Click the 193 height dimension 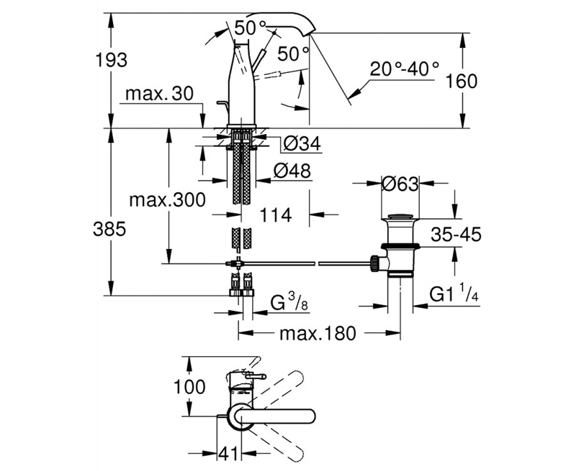[x=111, y=60]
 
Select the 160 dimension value [x=461, y=81]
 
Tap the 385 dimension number [x=109, y=229]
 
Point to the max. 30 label [x=159, y=94]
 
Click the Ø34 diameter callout [x=302, y=144]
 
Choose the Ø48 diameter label [x=292, y=171]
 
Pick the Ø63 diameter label [x=400, y=184]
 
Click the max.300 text [x=167, y=200]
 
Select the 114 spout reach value [x=275, y=215]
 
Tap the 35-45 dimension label [x=456, y=235]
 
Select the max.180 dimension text [x=318, y=333]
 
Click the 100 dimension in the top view [x=190, y=387]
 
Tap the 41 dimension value [x=228, y=453]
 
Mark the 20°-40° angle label [x=404, y=69]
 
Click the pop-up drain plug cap [x=400, y=217]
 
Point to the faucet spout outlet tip [x=311, y=33]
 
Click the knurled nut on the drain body [x=375, y=262]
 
